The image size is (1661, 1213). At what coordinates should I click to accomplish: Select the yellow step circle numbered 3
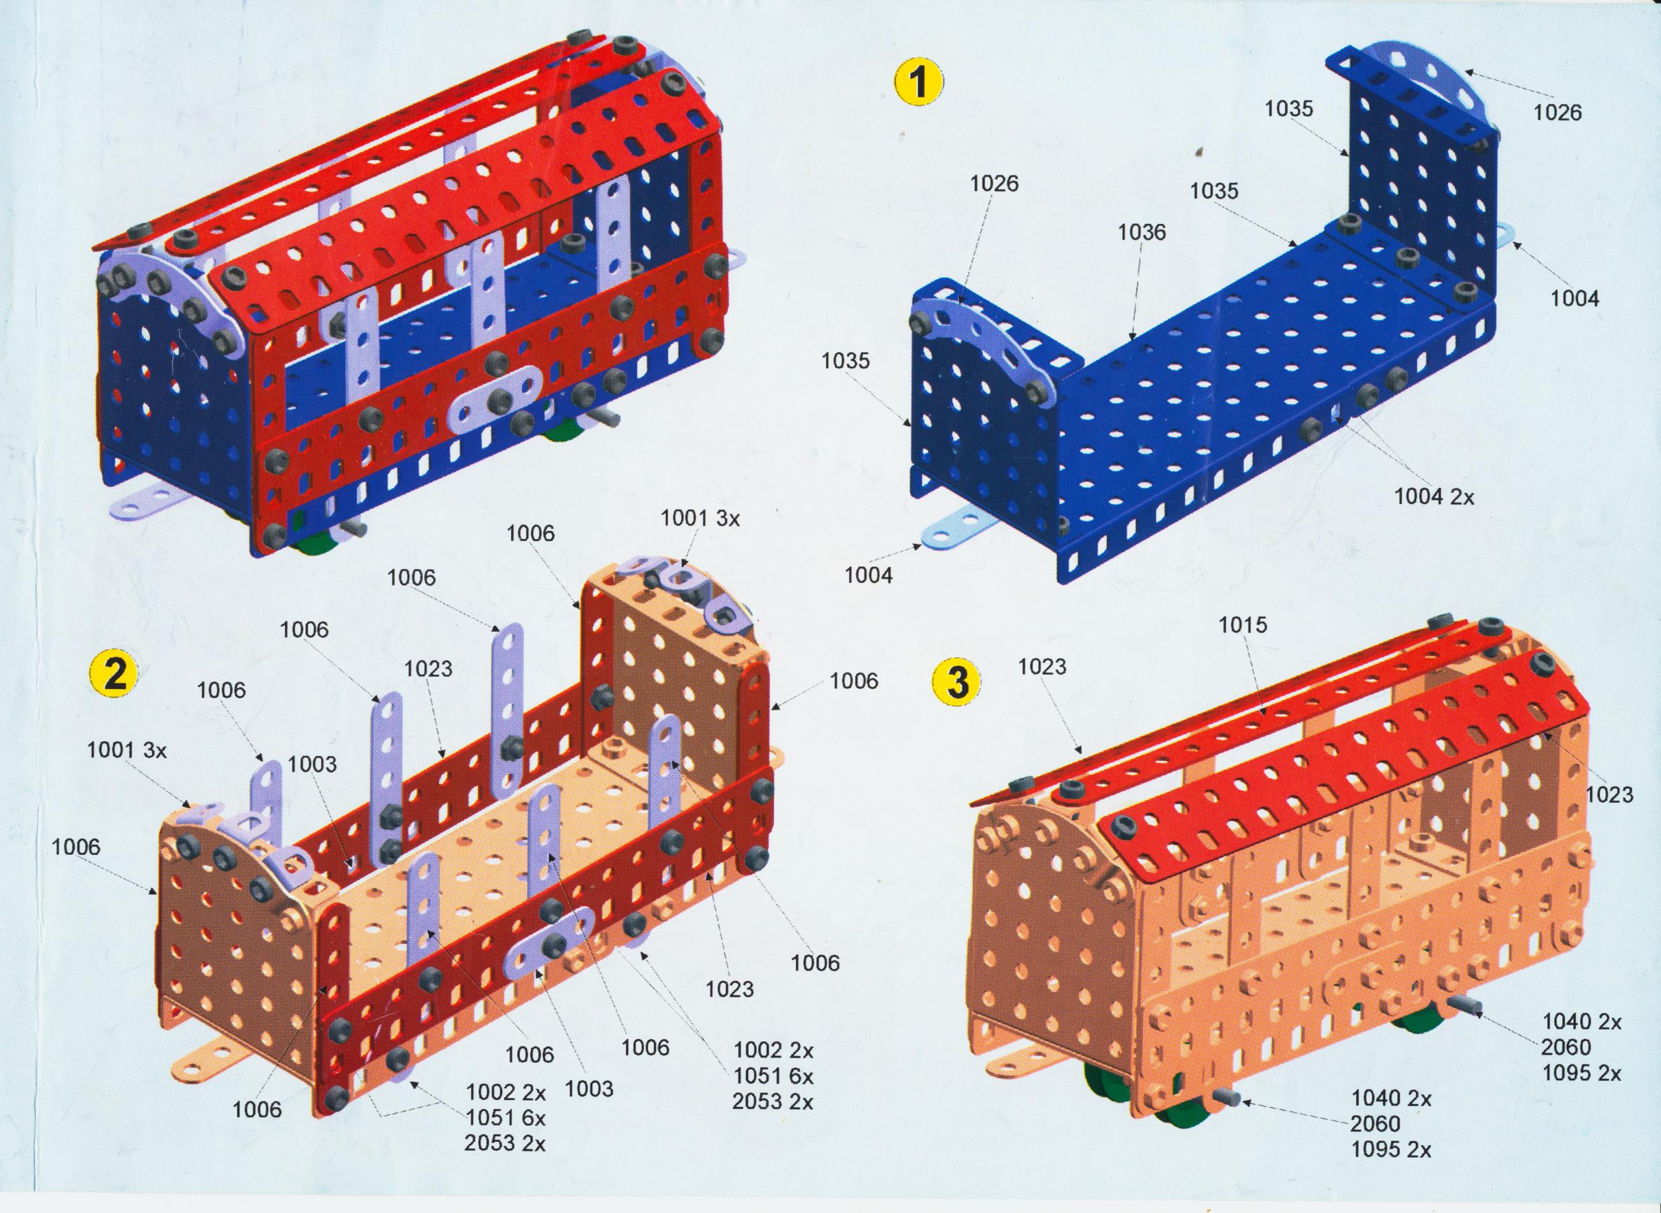(x=956, y=681)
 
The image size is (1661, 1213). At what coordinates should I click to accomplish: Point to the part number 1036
(x=1142, y=232)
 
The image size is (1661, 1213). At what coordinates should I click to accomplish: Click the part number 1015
(x=1243, y=625)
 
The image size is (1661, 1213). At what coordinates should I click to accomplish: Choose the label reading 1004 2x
(x=1434, y=497)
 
